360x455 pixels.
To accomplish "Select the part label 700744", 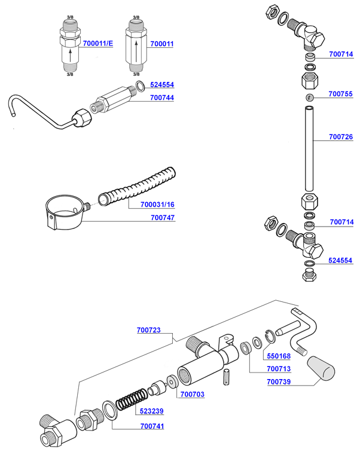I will pos(162,97).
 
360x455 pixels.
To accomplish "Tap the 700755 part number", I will pos(341,94).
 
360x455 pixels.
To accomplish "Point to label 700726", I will pos(341,137).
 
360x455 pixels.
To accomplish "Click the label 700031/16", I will pos(157,204).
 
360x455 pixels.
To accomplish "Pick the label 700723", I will pos(148,329).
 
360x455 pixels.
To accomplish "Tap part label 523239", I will pos(152,411).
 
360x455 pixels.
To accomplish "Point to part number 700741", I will pos(152,426).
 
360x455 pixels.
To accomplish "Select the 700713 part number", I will pos(279,368).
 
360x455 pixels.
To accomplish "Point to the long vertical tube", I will pos(310,149).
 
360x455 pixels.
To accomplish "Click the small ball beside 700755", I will pos(310,97).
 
